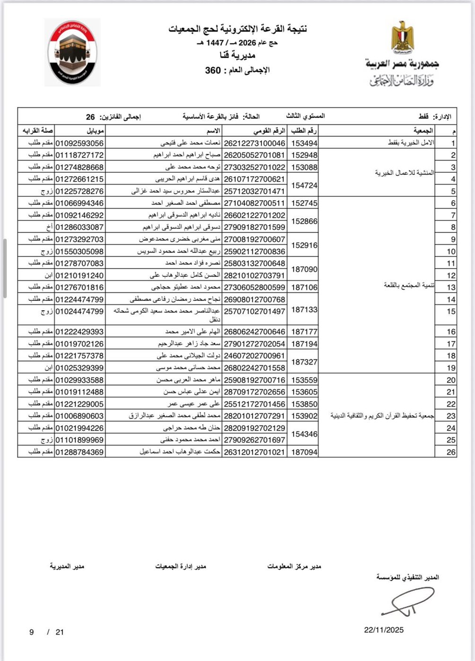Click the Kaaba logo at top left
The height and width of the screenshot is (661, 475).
72,52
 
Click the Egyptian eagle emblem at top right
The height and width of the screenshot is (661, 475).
402,36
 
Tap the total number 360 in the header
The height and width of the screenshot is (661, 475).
213,70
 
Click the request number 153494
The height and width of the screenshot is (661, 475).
304,143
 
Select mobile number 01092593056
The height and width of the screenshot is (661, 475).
79,143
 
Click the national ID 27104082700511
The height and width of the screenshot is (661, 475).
254,203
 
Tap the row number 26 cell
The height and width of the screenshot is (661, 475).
451,452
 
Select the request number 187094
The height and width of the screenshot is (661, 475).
304,452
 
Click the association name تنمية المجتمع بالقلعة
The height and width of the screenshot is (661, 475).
408,286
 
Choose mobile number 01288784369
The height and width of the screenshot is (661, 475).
79,452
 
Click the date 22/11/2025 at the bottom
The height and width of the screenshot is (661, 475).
384,630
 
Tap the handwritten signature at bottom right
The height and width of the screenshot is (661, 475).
406,602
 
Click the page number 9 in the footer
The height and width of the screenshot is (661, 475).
32,632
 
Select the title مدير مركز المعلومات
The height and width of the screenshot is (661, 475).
294,566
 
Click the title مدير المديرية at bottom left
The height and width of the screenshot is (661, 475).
67,566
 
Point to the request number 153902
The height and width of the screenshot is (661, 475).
304,416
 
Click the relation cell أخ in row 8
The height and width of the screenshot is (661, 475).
48,227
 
